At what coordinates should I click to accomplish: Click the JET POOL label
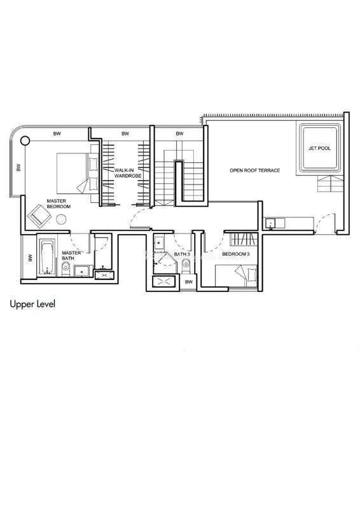pos(319,148)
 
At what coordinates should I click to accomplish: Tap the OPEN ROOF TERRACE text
pos(255,170)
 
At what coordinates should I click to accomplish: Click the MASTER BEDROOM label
pos(59,204)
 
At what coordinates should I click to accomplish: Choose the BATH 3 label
pos(182,254)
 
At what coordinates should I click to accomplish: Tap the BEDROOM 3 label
pos(236,254)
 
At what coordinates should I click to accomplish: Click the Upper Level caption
pos(32,304)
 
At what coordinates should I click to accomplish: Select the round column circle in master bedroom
pos(25,141)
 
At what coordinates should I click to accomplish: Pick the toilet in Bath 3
pos(186,265)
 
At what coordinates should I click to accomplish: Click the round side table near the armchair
pos(61,220)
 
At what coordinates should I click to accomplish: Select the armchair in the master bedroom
pos(39,216)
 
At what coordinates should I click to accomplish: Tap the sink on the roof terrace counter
pos(270,223)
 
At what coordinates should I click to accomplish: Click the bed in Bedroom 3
pos(236,275)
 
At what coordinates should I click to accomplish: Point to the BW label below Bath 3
pos(189,282)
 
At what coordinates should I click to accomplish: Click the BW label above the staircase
pos(179,134)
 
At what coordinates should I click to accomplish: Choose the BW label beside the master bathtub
pos(30,258)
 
